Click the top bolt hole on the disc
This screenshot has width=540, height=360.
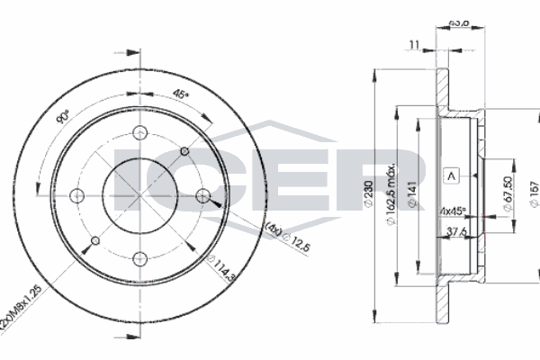(x=139, y=133)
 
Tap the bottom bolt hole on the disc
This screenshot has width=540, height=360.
(x=139, y=259)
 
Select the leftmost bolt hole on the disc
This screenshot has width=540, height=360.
(x=76, y=195)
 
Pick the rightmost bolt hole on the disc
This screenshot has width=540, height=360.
(x=202, y=195)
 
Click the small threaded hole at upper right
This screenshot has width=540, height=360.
(x=184, y=150)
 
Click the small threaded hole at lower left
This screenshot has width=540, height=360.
(x=94, y=240)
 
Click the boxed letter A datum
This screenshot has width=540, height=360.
(x=451, y=176)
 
